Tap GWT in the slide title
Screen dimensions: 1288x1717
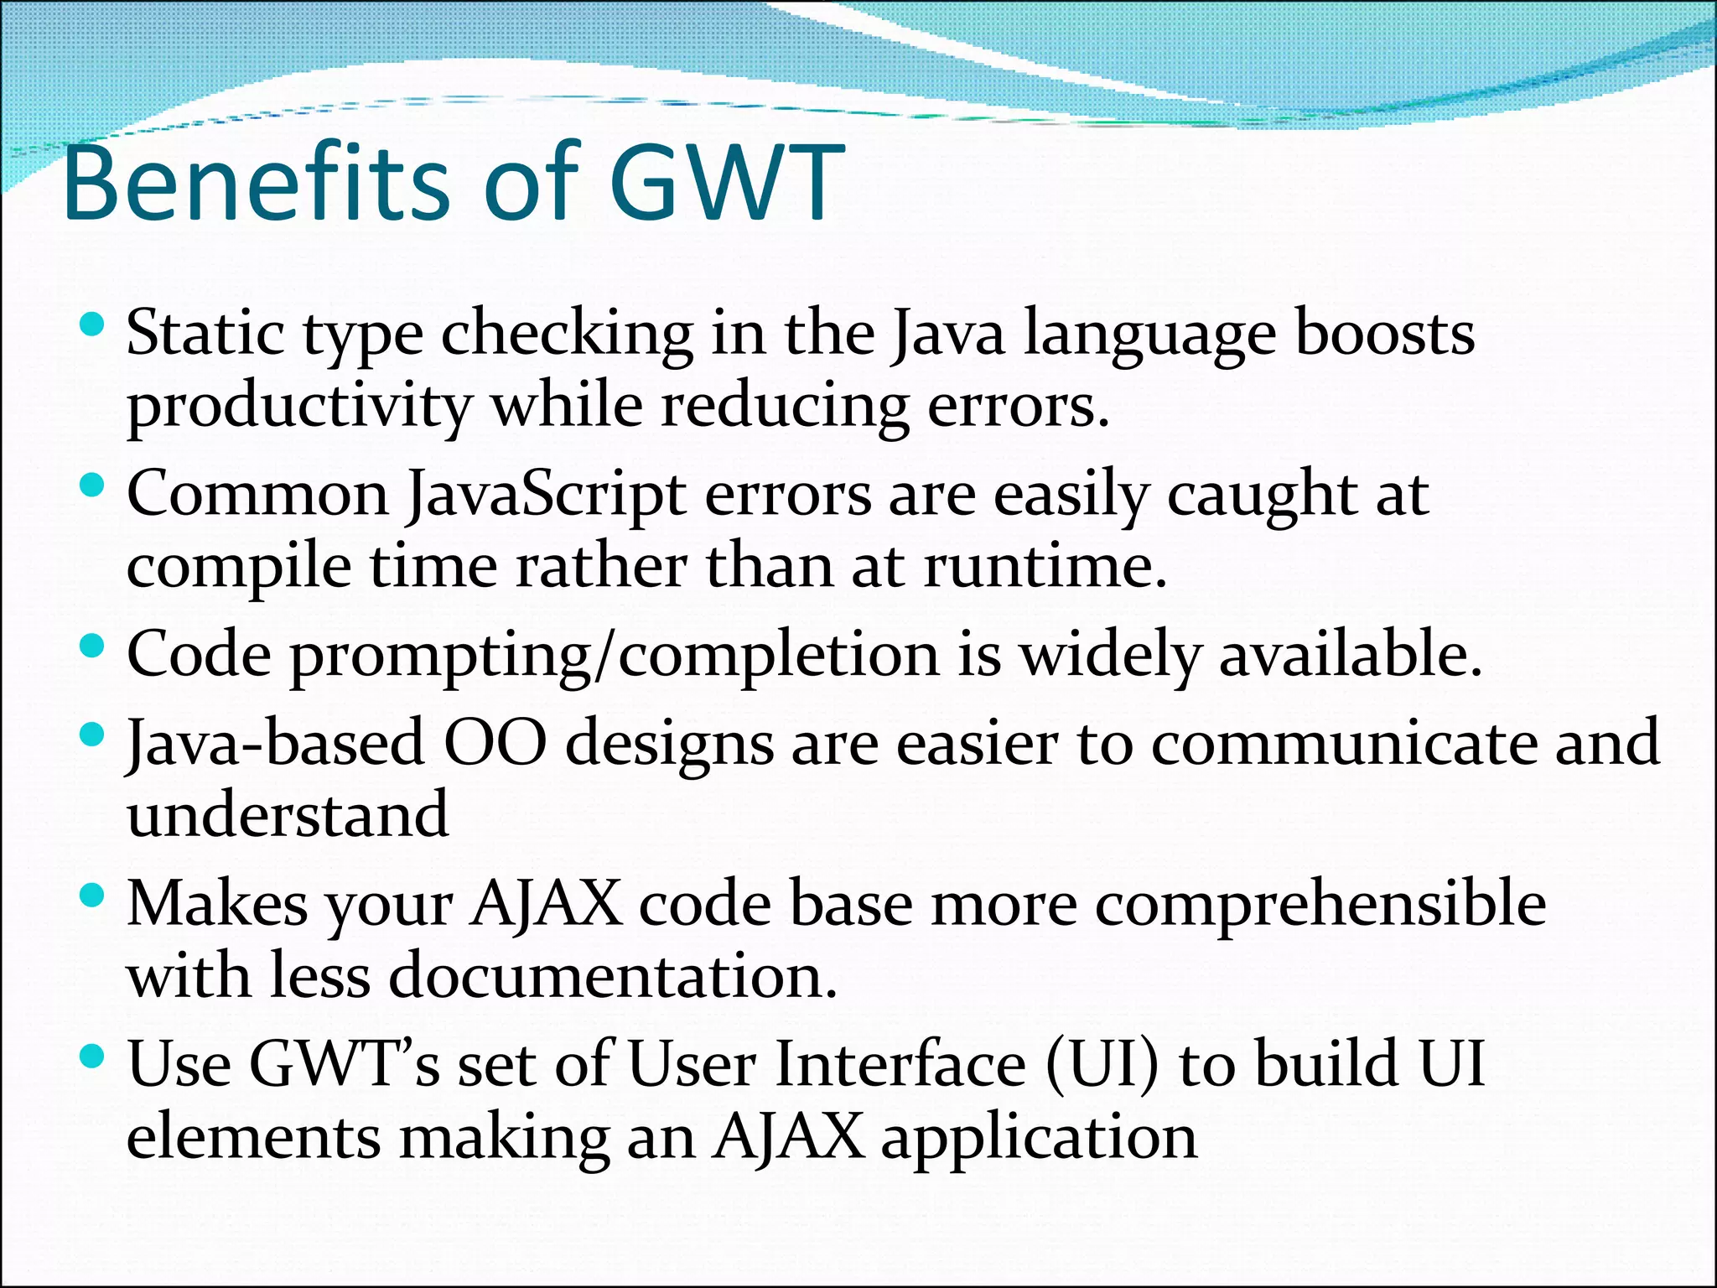pyautogui.click(x=726, y=183)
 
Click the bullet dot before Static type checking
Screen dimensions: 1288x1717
pyautogui.click(x=92, y=324)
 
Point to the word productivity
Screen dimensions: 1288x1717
pyautogui.click(x=299, y=408)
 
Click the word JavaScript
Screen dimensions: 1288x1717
pyautogui.click(x=546, y=496)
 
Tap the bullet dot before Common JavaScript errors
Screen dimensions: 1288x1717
pyautogui.click(x=92, y=485)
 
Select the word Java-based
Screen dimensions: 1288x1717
pyautogui.click(x=275, y=744)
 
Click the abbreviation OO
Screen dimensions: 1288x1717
pyautogui.click(x=494, y=744)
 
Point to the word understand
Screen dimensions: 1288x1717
pyautogui.click(x=288, y=815)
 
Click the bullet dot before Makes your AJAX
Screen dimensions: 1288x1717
pyautogui.click(x=92, y=895)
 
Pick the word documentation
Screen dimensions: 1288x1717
pyautogui.click(x=613, y=977)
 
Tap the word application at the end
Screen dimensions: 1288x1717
pyautogui.click(x=1039, y=1139)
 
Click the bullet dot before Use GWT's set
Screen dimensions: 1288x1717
pyautogui.click(x=92, y=1055)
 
